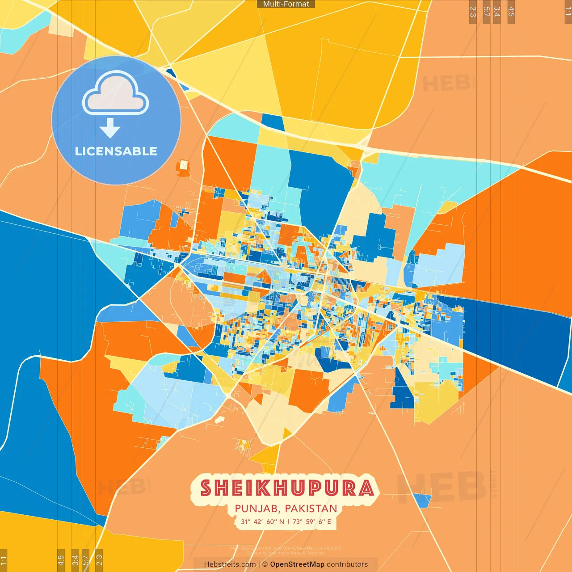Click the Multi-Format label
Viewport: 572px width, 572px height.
coord(286,4)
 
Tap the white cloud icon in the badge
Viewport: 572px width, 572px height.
coord(116,93)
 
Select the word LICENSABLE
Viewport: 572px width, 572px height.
coord(116,151)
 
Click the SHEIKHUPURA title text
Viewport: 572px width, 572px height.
coord(287,488)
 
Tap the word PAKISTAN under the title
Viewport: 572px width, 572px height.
coord(311,509)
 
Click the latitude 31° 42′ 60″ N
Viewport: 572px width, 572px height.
coord(262,522)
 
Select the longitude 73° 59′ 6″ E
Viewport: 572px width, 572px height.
coord(312,522)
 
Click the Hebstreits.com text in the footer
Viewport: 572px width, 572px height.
coord(230,564)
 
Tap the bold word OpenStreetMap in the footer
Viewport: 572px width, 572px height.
coord(297,564)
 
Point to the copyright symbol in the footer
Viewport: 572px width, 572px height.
coord(265,564)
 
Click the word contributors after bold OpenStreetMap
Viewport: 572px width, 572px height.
coord(347,564)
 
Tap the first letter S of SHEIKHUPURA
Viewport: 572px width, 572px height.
coord(206,488)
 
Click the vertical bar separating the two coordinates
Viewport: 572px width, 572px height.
coord(288,522)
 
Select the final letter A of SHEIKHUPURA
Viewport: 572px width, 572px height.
coord(366,488)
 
